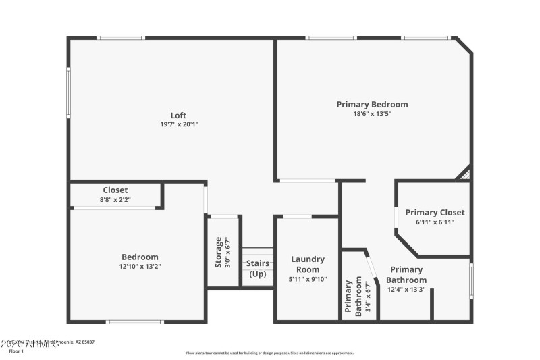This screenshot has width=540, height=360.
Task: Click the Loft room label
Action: tap(178, 115)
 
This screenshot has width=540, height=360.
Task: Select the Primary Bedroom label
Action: tap(372, 104)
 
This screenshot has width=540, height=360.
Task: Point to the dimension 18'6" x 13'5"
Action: tap(373, 114)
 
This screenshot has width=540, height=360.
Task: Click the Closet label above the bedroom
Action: tap(115, 190)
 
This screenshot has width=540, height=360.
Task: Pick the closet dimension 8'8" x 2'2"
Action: tap(115, 200)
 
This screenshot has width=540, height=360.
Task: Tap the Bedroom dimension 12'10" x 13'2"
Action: tap(140, 266)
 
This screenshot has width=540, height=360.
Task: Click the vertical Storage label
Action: tap(219, 252)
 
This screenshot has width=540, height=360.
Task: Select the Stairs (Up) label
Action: tap(258, 268)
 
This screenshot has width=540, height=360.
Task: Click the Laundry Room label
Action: tap(308, 264)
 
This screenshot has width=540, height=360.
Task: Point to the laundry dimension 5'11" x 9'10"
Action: tap(308, 279)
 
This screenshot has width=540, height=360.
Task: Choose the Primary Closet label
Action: tap(435, 212)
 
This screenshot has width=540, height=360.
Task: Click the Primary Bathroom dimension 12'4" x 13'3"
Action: tap(407, 290)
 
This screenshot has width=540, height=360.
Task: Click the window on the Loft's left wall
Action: tap(68, 93)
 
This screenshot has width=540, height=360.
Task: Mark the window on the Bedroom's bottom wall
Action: tap(135, 322)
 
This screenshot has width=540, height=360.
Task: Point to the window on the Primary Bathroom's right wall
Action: tap(471, 281)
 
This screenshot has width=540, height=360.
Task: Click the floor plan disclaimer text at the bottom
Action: tap(269, 353)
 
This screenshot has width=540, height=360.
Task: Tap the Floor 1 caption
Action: tap(16, 351)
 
